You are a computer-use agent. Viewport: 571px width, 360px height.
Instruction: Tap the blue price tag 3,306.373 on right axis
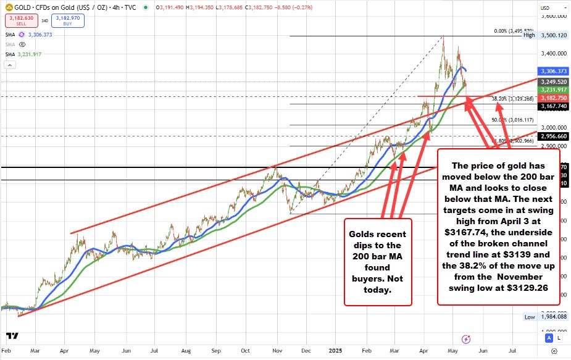pyautogui.click(x=553, y=71)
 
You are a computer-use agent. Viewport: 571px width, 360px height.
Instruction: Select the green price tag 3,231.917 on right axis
pyautogui.click(x=553, y=90)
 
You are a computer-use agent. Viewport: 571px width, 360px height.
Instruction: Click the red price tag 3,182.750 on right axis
pyautogui.click(x=553, y=98)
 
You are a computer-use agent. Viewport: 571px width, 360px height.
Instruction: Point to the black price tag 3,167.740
pyautogui.click(x=553, y=106)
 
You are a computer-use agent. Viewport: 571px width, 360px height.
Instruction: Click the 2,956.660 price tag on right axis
pyautogui.click(x=553, y=136)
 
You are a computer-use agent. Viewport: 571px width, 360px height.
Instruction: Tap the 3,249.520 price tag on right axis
pyautogui.click(x=553, y=82)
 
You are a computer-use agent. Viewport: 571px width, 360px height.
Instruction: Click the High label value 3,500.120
pyautogui.click(x=553, y=36)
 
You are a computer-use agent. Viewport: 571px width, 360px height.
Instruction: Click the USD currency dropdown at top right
pyautogui.click(x=546, y=7)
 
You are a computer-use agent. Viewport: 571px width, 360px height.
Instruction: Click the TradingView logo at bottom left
pyautogui.click(x=11, y=337)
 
